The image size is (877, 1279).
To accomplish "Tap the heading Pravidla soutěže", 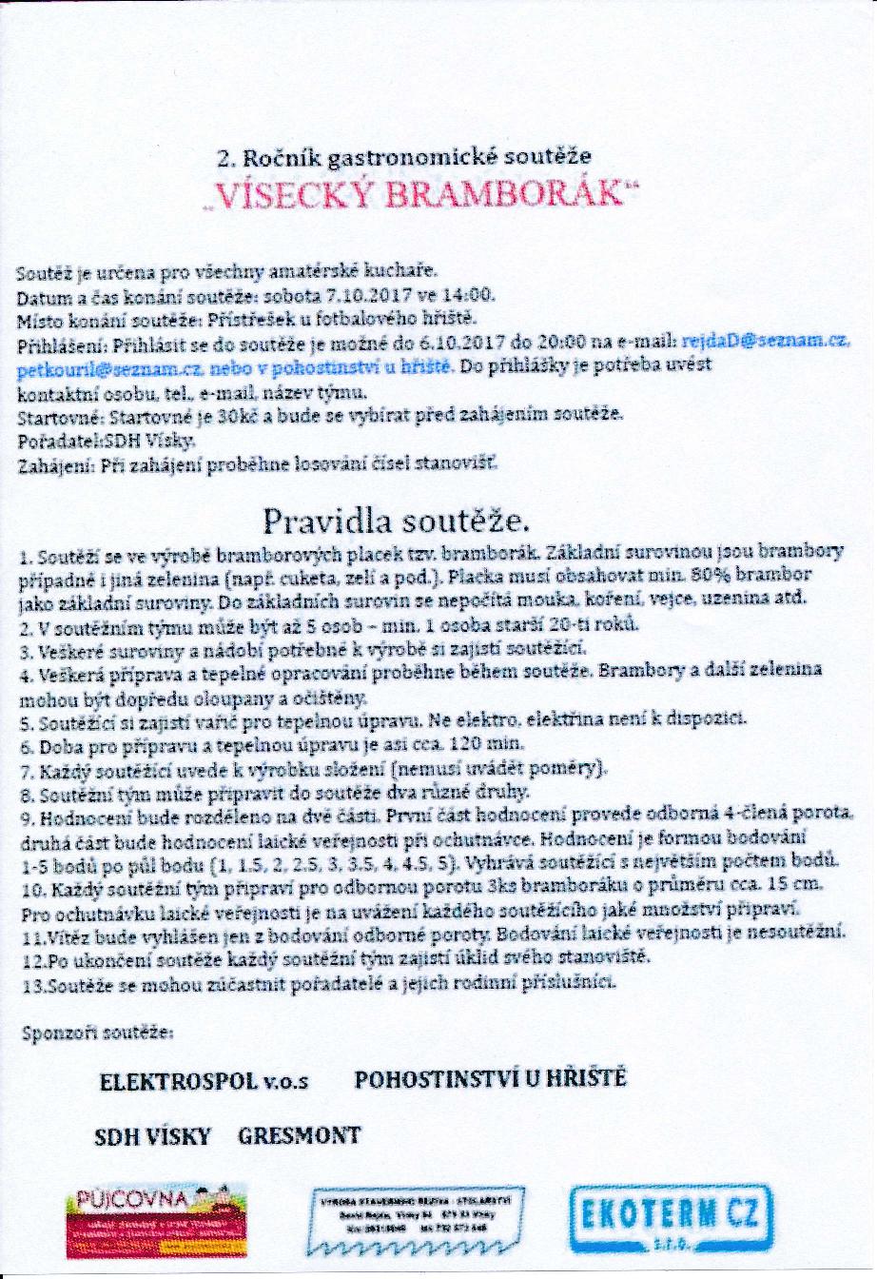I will click(x=397, y=521).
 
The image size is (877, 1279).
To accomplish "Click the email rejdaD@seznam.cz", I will click(x=767, y=341).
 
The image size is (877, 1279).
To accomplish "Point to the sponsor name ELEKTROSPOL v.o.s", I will click(x=205, y=1082).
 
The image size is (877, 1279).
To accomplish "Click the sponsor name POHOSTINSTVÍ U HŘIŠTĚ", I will click(x=490, y=1078).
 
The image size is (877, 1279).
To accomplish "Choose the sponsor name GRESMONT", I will click(x=300, y=1135).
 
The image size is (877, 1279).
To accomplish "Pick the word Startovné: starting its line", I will click(x=60, y=417).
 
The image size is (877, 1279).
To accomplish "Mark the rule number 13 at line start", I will click(x=31, y=985).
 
